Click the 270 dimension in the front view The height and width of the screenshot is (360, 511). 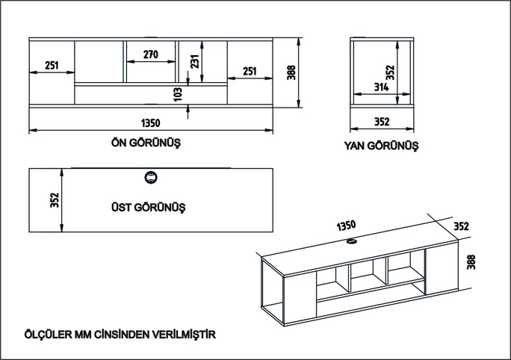coord(151,55)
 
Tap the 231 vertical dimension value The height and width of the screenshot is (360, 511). coord(194,61)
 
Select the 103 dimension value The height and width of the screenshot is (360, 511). coord(178,94)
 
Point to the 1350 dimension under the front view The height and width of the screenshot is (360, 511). coord(151,123)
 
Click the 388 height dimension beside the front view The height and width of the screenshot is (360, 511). coord(291,72)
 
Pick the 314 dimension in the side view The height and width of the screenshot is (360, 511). coord(381,87)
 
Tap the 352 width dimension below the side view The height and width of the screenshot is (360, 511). coord(382,122)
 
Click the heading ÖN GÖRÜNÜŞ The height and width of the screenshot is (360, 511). coord(146,143)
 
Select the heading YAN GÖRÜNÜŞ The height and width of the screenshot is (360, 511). coord(381,146)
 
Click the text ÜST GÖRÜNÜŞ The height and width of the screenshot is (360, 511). coord(148,207)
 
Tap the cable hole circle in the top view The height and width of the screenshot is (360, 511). coord(151,178)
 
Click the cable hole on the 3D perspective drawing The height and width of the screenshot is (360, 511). coord(352,241)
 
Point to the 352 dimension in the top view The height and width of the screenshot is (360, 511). coord(55,200)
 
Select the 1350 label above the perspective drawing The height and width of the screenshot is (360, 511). coord(346,226)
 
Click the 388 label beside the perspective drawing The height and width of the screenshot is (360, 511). coord(471,262)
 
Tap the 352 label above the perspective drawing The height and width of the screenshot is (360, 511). coord(461,226)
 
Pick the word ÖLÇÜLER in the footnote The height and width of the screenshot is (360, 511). coord(49,335)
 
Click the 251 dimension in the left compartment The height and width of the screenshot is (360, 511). coord(52,66)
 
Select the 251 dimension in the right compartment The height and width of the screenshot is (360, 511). coord(250,71)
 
